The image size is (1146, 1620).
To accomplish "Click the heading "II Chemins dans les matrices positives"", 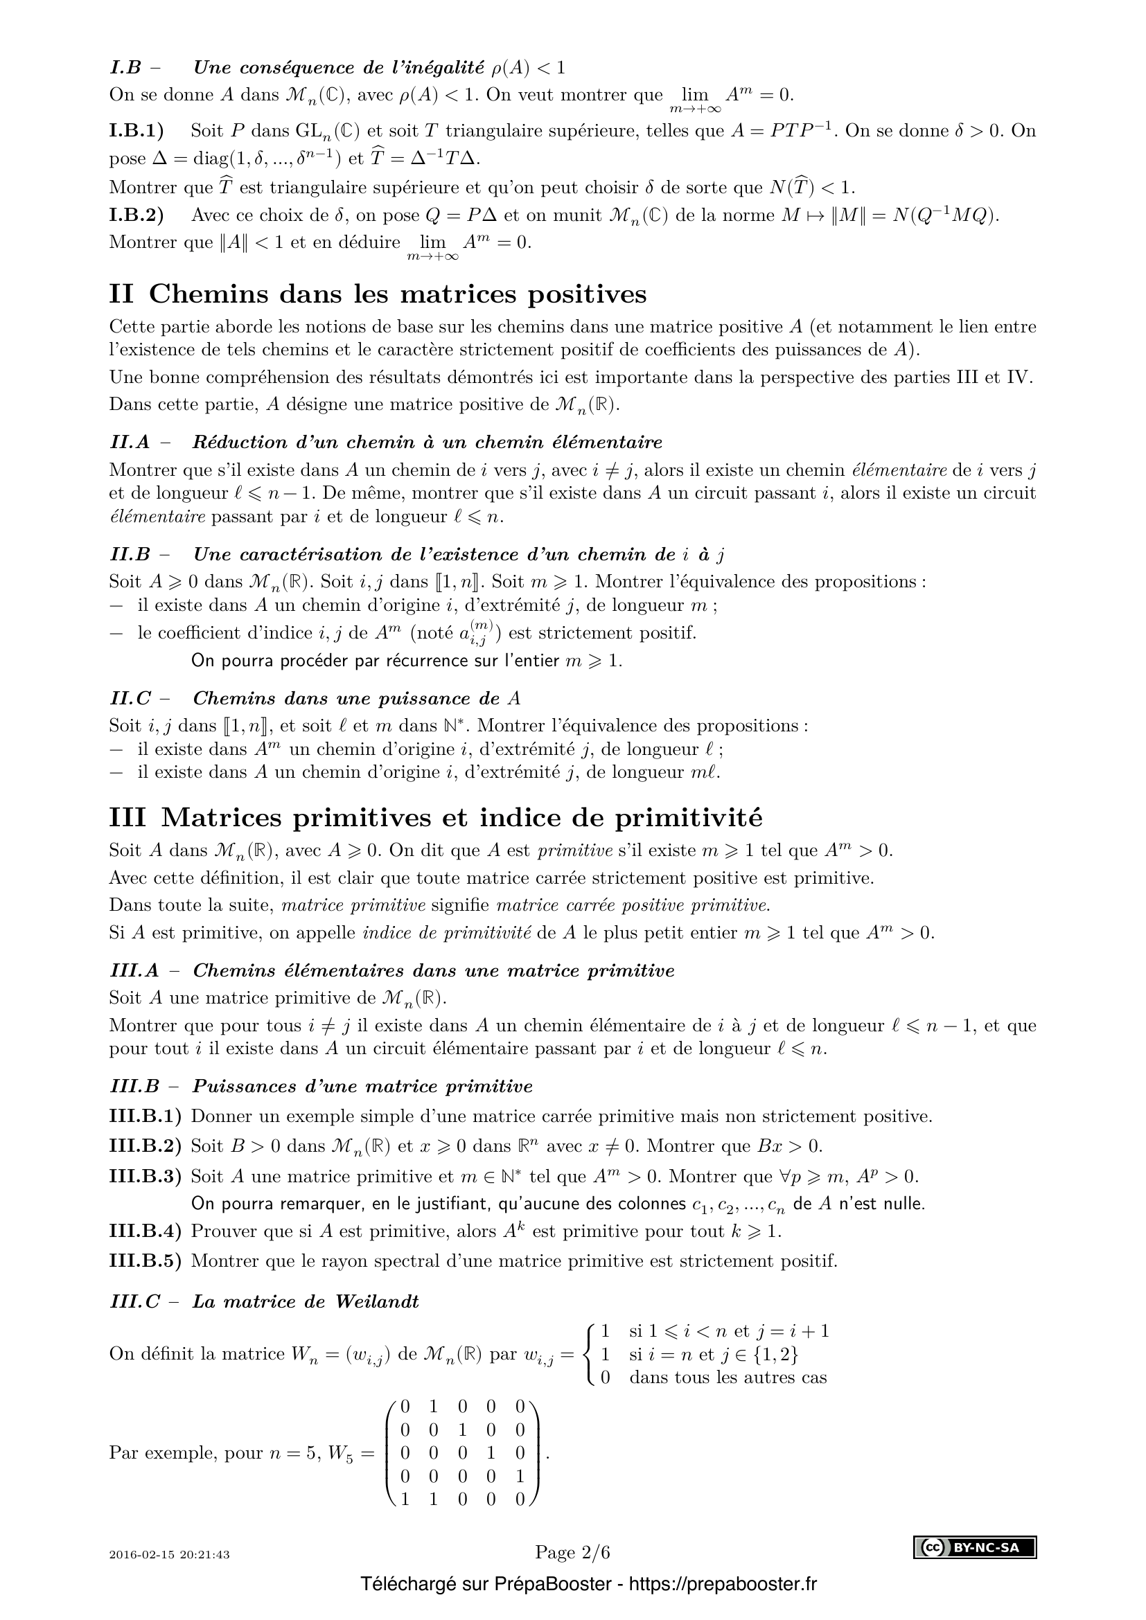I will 378,294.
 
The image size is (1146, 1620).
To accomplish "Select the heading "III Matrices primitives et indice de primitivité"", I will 436,817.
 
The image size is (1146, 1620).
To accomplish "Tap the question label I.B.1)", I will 136,130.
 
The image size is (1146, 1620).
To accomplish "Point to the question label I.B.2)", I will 136,215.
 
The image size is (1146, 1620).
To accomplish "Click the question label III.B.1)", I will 146,1116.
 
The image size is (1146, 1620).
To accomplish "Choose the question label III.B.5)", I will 146,1260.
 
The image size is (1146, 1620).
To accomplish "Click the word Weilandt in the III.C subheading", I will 377,1301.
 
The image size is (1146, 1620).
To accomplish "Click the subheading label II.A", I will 130,443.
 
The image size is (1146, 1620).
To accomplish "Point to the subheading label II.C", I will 130,699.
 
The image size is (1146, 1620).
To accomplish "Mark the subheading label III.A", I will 135,971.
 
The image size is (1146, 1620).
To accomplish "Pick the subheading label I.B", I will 125,68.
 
